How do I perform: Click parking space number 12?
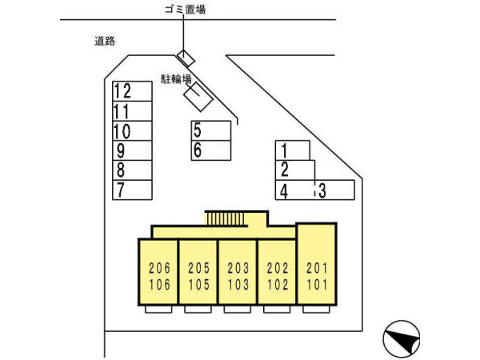pyautogui.click(x=132, y=90)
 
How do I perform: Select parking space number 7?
pyautogui.click(x=132, y=190)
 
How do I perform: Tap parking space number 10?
pyautogui.click(x=132, y=130)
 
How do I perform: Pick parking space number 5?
pyautogui.click(x=211, y=130)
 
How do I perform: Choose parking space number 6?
pyautogui.click(x=211, y=150)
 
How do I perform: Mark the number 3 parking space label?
pyautogui.click(x=322, y=190)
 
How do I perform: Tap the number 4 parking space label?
pyautogui.click(x=283, y=190)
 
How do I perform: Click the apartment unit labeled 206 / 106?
pyautogui.click(x=159, y=274)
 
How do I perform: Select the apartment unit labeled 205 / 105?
pyautogui.click(x=198, y=274)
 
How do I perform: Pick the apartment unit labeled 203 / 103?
pyautogui.click(x=238, y=274)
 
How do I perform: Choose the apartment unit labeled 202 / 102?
pyautogui.click(x=277, y=274)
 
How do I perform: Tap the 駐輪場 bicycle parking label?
pyautogui.click(x=175, y=78)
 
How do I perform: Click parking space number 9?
pyautogui.click(x=132, y=150)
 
